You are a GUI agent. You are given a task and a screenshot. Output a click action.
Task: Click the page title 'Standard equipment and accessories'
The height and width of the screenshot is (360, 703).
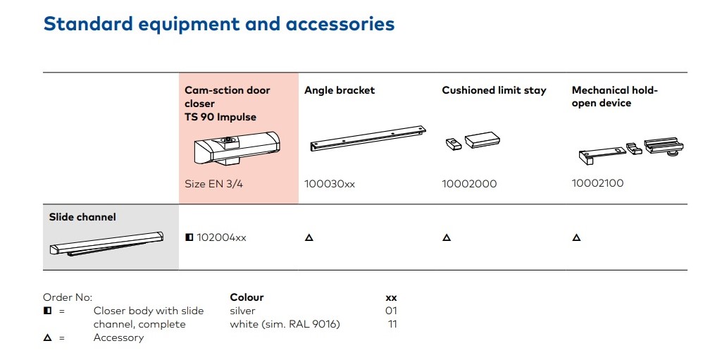(219, 24)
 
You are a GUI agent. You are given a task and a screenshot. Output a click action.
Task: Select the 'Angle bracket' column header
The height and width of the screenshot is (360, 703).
(340, 90)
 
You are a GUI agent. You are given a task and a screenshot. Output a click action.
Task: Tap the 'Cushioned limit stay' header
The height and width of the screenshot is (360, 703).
(494, 90)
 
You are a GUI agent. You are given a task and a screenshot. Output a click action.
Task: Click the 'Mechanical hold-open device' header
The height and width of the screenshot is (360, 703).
(614, 97)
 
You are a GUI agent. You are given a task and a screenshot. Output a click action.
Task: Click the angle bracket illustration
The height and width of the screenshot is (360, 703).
(368, 138)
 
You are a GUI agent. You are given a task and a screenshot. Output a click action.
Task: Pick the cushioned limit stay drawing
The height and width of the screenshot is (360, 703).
(473, 140)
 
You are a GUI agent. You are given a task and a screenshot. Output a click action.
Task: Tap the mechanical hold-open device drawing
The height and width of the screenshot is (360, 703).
(631, 150)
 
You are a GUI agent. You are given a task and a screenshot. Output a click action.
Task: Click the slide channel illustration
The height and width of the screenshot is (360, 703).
(106, 244)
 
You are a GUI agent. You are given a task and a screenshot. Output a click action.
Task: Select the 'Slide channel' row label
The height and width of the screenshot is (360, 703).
(82, 217)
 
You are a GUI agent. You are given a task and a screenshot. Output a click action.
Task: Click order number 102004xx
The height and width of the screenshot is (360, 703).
(221, 237)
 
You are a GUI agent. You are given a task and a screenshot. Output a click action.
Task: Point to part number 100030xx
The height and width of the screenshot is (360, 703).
(330, 184)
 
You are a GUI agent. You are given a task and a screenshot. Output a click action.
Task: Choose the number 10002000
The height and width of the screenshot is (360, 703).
(469, 184)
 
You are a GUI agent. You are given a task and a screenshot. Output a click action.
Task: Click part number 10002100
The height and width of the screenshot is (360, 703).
(597, 183)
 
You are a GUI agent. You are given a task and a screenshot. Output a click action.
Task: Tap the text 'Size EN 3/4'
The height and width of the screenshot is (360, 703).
(214, 184)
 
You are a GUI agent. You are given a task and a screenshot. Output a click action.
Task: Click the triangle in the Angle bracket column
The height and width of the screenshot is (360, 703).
(309, 237)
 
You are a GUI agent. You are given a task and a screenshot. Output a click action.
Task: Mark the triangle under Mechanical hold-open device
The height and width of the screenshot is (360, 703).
(577, 237)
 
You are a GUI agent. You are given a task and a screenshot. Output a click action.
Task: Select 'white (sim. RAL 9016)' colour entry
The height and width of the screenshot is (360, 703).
(285, 324)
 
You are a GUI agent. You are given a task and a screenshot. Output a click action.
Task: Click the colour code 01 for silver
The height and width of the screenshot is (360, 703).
(391, 311)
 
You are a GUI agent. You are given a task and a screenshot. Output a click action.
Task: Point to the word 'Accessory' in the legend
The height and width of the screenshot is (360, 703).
(119, 337)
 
